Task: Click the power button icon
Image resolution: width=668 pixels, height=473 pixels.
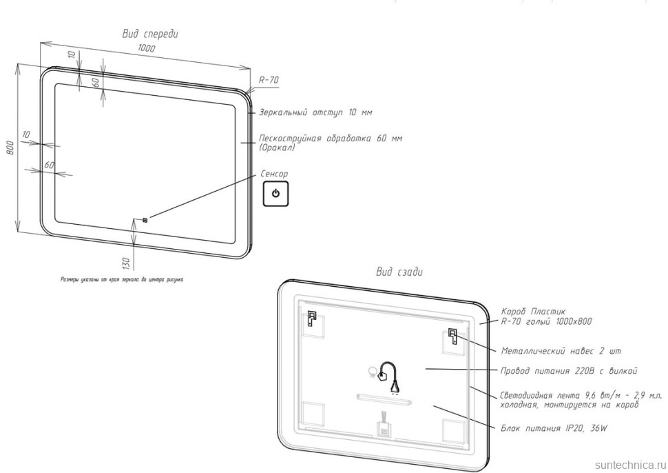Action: tap(275, 194)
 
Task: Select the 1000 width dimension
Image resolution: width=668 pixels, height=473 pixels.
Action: tap(145, 49)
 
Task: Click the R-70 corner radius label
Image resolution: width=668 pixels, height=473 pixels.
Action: tap(269, 81)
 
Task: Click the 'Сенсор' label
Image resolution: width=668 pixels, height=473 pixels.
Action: tap(274, 174)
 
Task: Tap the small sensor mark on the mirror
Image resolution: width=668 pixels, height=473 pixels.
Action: tap(145, 221)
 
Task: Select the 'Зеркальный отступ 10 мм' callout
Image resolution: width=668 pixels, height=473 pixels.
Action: tap(315, 112)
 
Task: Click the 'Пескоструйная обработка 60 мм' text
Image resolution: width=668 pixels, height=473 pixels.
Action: tap(330, 138)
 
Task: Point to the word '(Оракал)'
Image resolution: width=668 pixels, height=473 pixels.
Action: tap(277, 148)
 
